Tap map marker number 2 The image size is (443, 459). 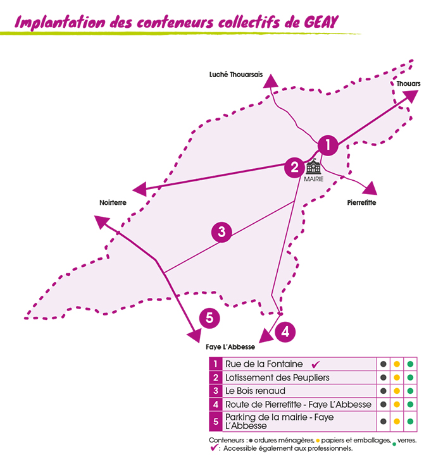(294, 168)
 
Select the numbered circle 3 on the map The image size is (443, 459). (221, 232)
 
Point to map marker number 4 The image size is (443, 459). (285, 332)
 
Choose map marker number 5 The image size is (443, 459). (209, 318)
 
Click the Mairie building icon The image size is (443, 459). (313, 166)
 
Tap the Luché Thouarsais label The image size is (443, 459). (236, 75)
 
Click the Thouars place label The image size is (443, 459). (408, 83)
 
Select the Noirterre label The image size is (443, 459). (113, 202)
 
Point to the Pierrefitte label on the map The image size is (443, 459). (361, 202)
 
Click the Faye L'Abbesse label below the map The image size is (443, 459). (230, 347)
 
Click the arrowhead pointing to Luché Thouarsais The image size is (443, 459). (271, 81)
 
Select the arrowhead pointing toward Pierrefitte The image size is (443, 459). (370, 188)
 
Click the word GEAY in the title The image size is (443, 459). (321, 22)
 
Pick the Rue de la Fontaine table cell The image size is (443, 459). (299, 364)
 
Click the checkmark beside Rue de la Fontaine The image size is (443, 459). (316, 364)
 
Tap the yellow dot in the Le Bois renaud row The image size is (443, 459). (397, 391)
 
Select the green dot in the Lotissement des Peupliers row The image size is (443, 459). (410, 377)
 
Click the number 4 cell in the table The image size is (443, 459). (216, 405)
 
